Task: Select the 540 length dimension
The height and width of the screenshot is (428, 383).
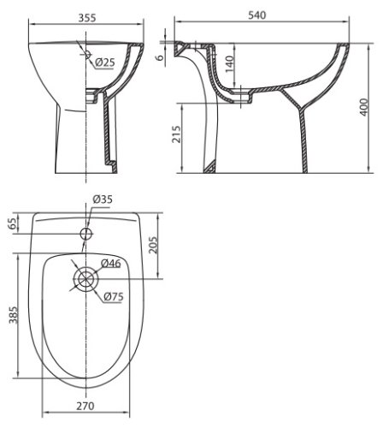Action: tap(267, 15)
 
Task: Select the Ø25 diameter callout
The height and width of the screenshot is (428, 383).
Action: tap(106, 62)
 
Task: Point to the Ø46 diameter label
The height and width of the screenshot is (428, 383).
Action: tap(110, 264)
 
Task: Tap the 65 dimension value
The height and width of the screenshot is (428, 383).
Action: tap(11, 223)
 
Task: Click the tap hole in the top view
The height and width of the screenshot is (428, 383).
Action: tap(86, 233)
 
